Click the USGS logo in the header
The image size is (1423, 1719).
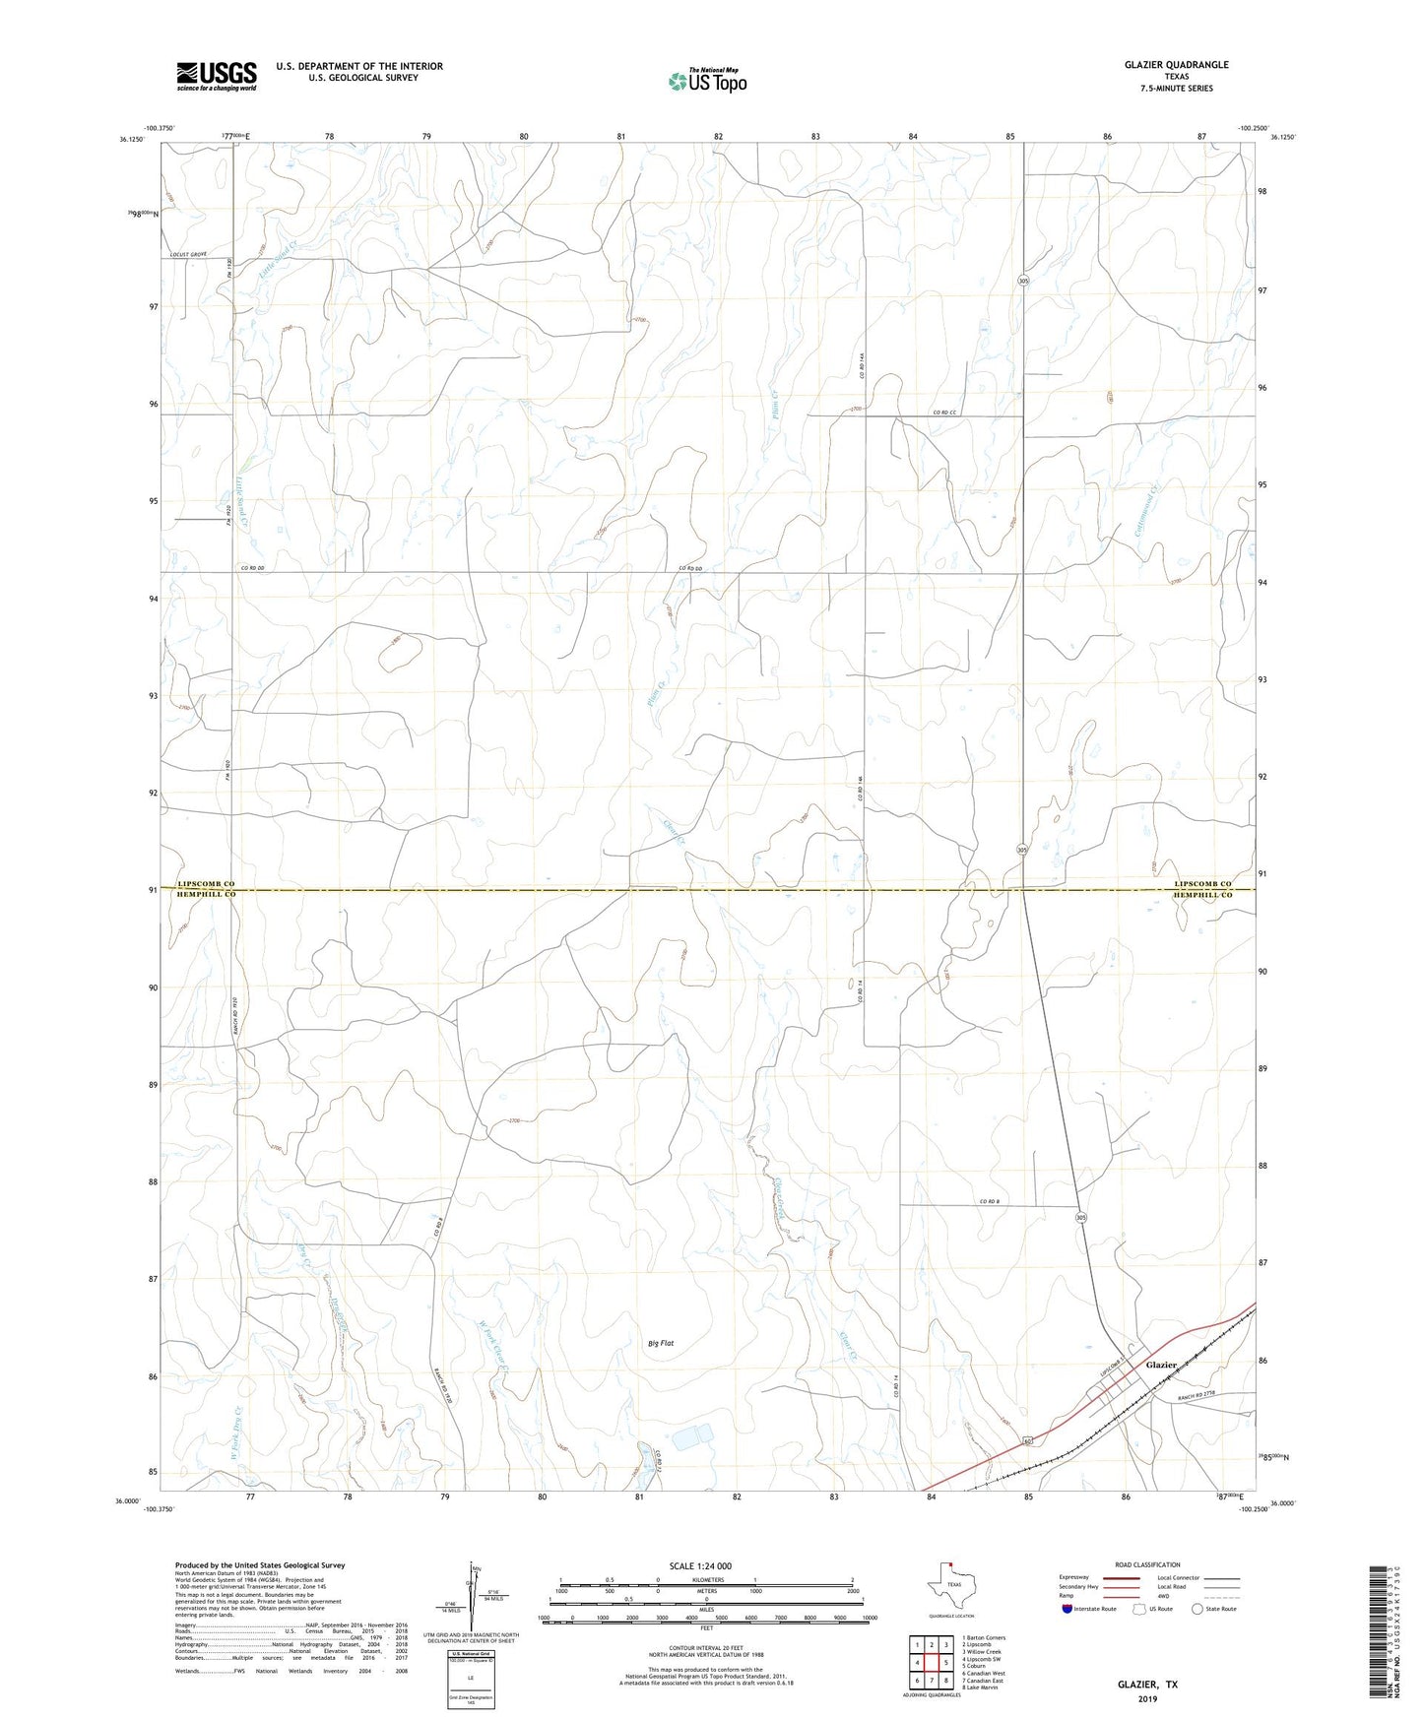click(x=217, y=75)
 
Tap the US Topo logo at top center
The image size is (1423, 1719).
click(x=707, y=81)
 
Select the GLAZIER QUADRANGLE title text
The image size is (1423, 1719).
click(x=1176, y=65)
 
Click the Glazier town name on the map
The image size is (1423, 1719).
click(x=1161, y=1365)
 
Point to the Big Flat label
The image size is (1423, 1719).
click(x=661, y=1343)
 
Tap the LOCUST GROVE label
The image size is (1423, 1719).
click(x=192, y=255)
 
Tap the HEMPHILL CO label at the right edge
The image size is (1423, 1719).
click(x=1202, y=896)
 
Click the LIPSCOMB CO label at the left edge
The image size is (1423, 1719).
click(x=206, y=884)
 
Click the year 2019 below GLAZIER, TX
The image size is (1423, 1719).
click(x=1147, y=1698)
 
